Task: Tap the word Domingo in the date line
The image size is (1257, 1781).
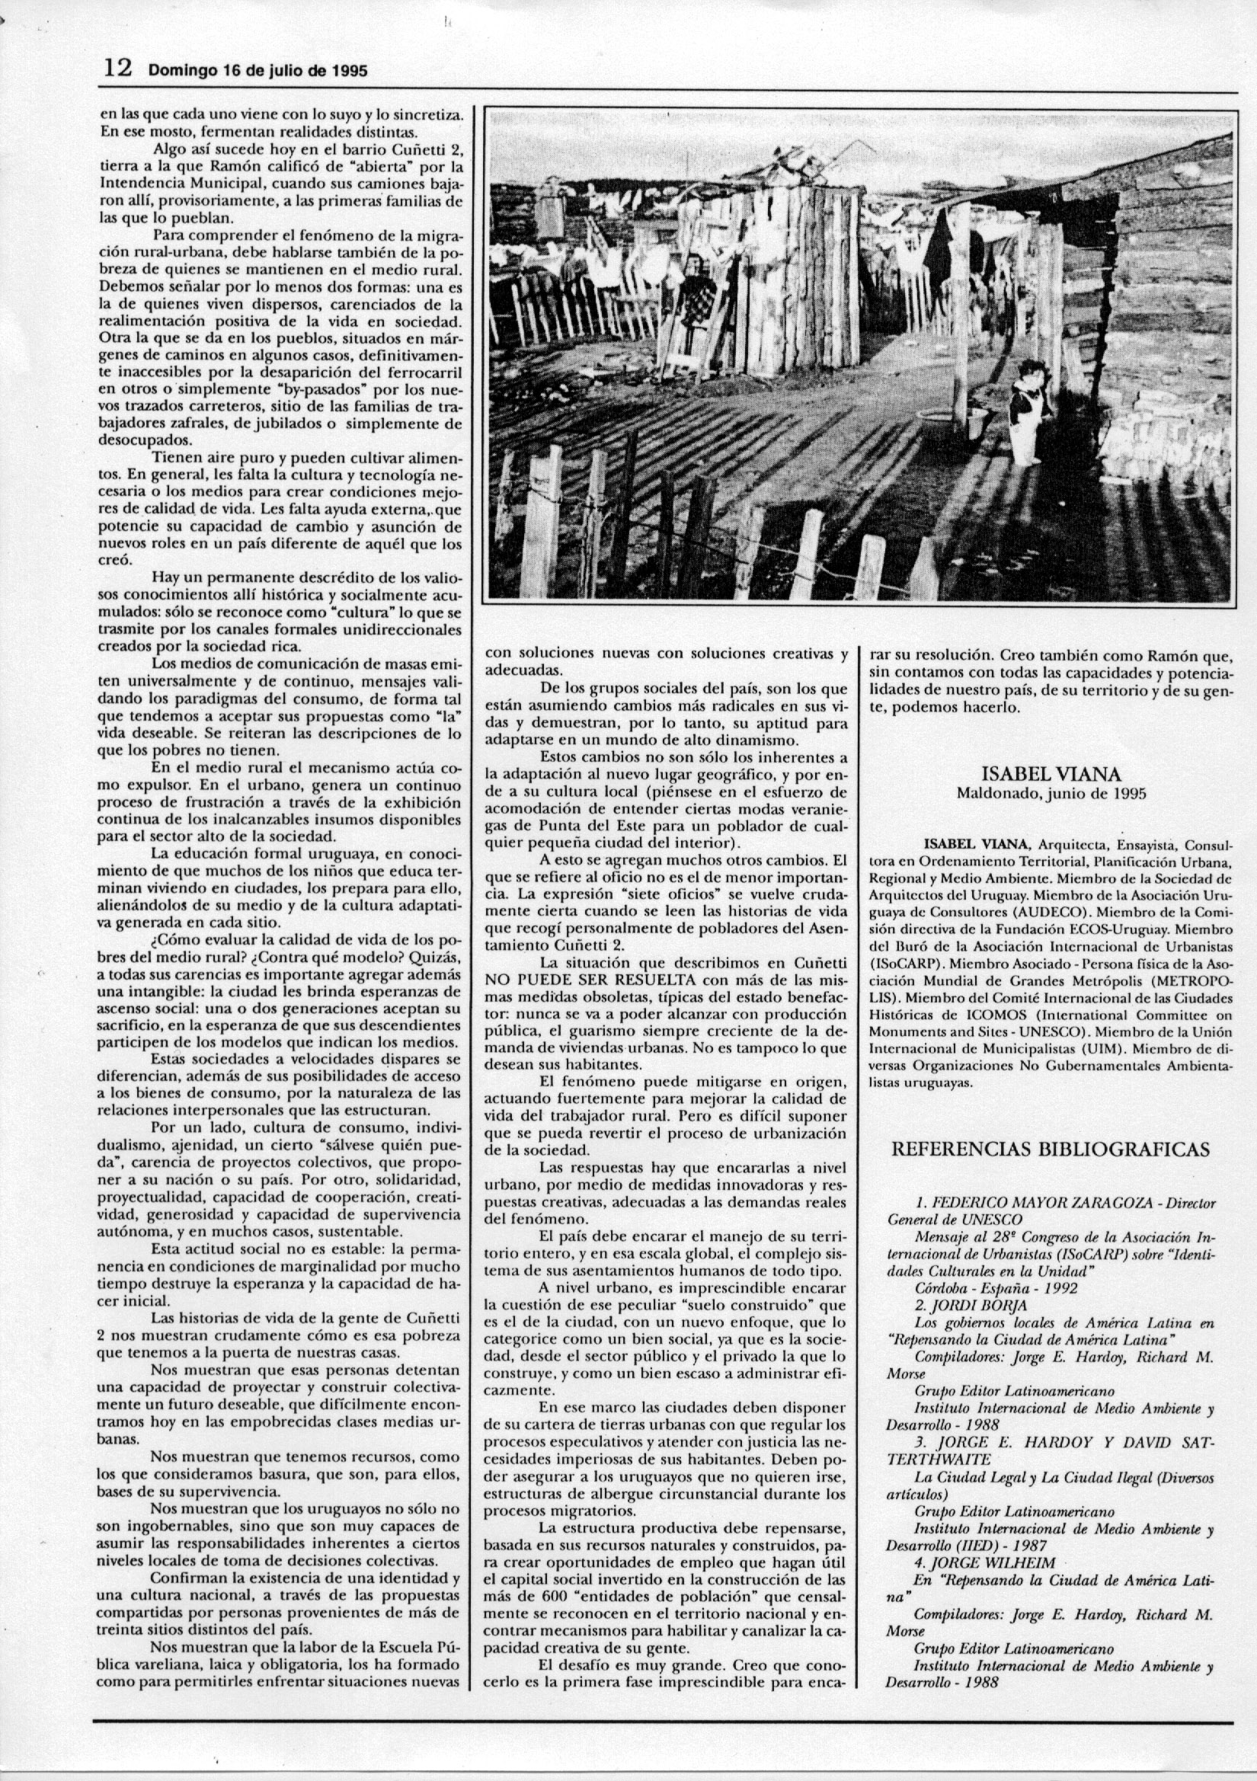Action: [178, 72]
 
